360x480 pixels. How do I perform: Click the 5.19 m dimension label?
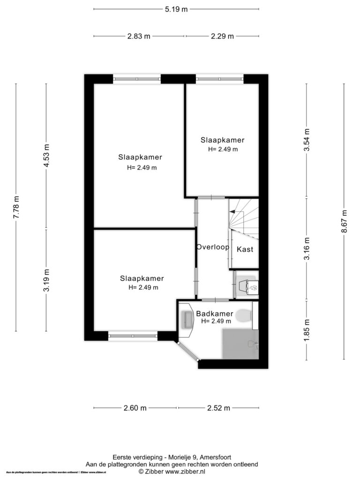pos(176,9)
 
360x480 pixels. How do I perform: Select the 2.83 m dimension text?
pos(139,36)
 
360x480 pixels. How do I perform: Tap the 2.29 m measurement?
pos(222,36)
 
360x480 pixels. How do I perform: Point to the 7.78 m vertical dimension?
pos(16,207)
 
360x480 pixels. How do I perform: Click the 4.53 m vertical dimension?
pos(46,156)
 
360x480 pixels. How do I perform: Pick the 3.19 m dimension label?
pos(46,280)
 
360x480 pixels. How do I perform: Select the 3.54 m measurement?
pos(307,140)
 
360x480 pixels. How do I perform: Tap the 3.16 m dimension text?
pos(307,248)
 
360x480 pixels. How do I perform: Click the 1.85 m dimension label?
pos(307,330)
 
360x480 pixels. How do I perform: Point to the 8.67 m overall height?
pos(344,221)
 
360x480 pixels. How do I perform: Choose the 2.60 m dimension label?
pos(135,408)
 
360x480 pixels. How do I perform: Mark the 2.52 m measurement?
pos(218,408)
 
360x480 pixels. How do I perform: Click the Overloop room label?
pos(213,247)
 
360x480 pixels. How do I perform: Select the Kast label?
pos(245,249)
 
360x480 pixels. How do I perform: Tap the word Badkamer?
pos(215,314)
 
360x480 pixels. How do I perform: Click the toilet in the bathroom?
pos(245,315)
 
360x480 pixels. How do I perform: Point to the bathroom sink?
pos(187,320)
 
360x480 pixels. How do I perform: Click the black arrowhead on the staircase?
pos(232,211)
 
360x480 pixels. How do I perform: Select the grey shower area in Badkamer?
pos(240,344)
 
